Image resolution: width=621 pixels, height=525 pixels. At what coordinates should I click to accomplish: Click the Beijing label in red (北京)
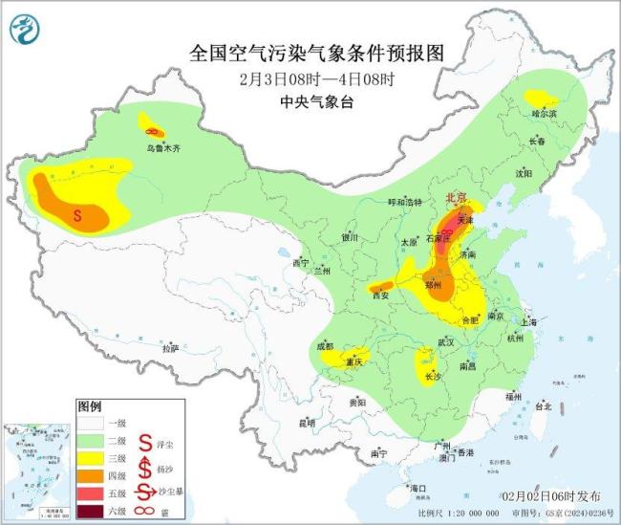pos(456,198)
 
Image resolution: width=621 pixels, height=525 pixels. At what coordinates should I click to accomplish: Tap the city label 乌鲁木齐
pos(162,148)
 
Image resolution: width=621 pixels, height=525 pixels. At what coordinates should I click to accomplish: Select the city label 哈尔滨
pos(544,113)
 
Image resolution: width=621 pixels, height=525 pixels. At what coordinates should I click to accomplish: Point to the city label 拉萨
pos(170,349)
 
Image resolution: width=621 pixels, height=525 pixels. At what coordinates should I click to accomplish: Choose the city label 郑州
pos(432,285)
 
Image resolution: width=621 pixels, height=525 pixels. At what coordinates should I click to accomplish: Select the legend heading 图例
pos(90,406)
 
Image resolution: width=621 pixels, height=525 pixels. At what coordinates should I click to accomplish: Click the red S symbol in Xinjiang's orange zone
pos(77,216)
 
